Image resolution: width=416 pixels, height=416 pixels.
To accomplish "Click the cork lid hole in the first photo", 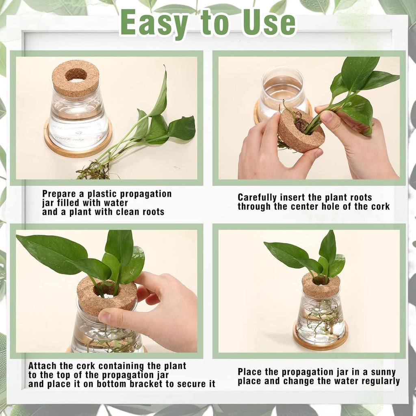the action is [76, 75].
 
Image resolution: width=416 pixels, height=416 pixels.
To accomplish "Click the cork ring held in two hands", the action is [301, 130].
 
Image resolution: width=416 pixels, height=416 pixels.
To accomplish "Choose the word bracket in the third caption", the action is [149, 384].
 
